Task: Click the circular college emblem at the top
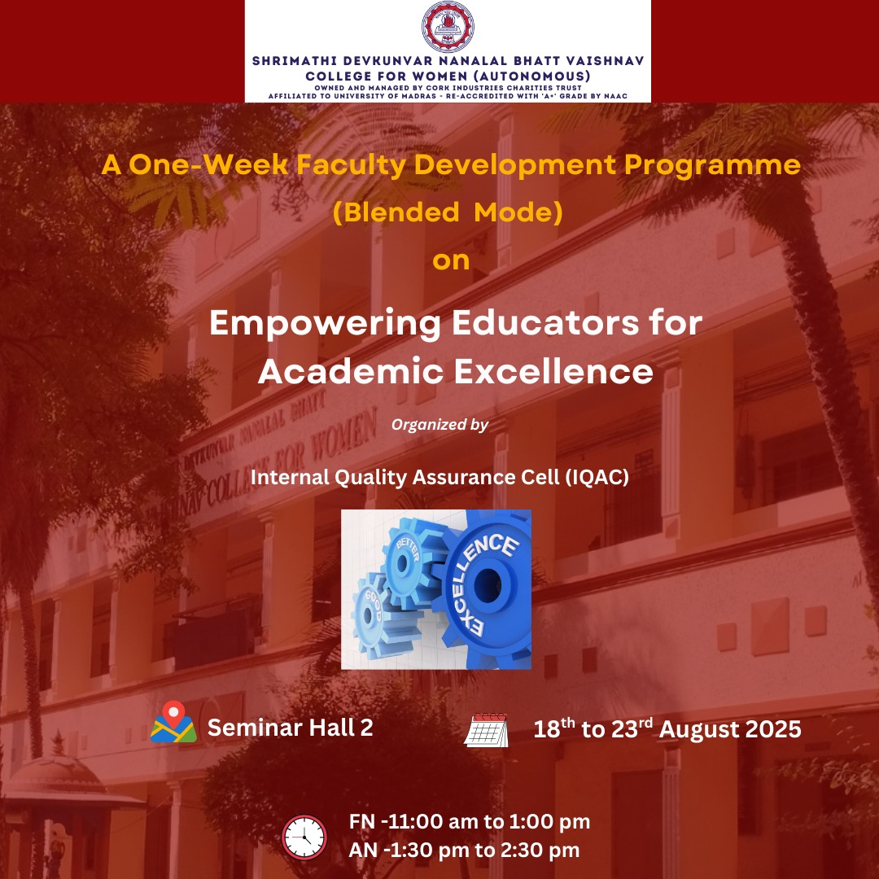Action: tap(448, 27)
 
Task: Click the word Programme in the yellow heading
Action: tap(712, 166)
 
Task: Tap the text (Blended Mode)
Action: tap(448, 212)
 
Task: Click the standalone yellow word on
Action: tap(451, 261)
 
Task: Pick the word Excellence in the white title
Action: tap(554, 371)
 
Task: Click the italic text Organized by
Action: tap(440, 424)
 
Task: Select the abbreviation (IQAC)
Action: tap(597, 477)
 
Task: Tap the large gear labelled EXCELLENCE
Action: tap(486, 587)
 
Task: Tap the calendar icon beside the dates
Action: tap(486, 730)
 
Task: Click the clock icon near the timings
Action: tap(304, 837)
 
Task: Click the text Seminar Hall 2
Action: tap(290, 727)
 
